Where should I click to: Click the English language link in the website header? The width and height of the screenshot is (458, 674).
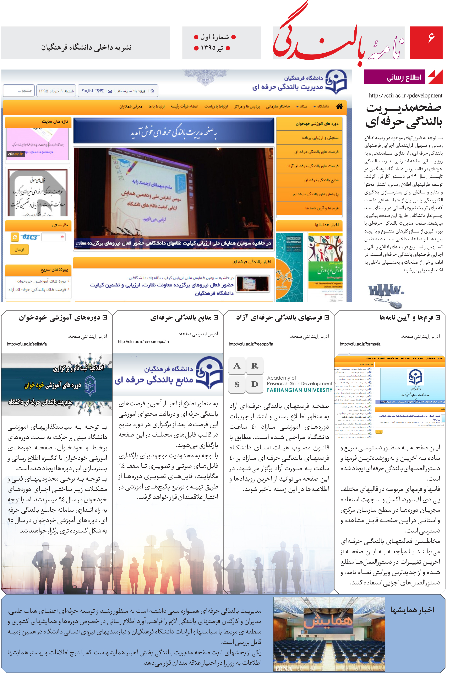[88, 91]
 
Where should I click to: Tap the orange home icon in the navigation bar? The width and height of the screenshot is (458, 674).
[339, 106]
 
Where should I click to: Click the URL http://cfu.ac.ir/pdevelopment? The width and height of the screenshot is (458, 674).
[405, 95]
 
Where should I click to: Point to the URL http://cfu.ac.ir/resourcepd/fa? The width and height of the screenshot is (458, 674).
[143, 341]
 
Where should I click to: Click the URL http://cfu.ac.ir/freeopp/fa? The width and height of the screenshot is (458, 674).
[251, 344]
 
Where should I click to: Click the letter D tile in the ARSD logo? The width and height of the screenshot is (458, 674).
[255, 384]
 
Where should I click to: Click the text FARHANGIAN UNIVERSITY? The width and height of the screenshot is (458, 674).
[299, 390]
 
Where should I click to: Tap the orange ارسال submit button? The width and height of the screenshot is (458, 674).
[20, 249]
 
